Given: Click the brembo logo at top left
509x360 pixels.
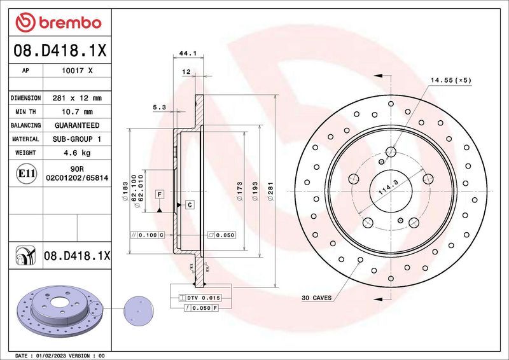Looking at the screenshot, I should tap(58, 23).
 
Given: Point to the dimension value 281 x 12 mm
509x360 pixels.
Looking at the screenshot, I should tap(78, 99).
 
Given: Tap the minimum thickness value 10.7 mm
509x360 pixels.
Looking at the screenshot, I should tap(78, 112).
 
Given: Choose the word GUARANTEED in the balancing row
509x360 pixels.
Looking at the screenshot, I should tap(78, 125).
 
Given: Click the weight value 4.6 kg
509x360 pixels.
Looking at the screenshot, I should tap(78, 153).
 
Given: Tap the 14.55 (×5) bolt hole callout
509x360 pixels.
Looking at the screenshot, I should tap(450, 80).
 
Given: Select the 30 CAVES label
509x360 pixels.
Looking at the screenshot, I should tap(316, 298).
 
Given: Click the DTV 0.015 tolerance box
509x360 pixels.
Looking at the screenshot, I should tap(203, 298).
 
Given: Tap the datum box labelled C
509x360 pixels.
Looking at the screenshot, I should tap(189, 204).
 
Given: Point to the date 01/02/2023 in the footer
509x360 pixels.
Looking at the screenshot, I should tap(57, 355).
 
